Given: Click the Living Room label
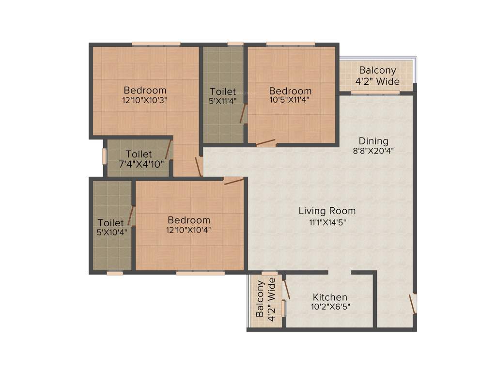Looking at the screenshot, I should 327,211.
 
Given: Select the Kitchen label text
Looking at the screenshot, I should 329,297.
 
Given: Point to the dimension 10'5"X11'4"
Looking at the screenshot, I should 290,101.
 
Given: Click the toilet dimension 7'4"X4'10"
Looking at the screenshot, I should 139,164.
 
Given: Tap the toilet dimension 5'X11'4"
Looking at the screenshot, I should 223,101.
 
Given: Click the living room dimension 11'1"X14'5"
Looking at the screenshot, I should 327,222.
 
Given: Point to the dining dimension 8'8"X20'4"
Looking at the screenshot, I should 373,151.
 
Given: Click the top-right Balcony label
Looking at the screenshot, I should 377,70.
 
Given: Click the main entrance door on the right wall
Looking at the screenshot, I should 412,303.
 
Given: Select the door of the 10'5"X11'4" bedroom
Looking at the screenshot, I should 266,143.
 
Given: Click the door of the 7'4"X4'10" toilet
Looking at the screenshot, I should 169,150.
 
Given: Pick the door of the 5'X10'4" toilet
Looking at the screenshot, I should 131,216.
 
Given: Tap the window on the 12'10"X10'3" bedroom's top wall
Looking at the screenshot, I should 156,44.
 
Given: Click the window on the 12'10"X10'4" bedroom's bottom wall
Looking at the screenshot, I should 193,273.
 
